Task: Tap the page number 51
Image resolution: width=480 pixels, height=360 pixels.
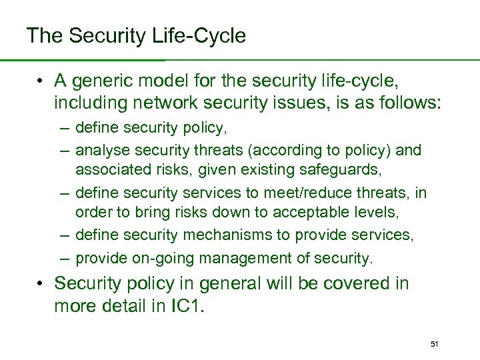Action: click(434, 343)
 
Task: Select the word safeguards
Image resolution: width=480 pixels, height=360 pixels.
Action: click(339, 171)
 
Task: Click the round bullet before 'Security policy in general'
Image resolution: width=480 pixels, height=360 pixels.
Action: click(41, 283)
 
